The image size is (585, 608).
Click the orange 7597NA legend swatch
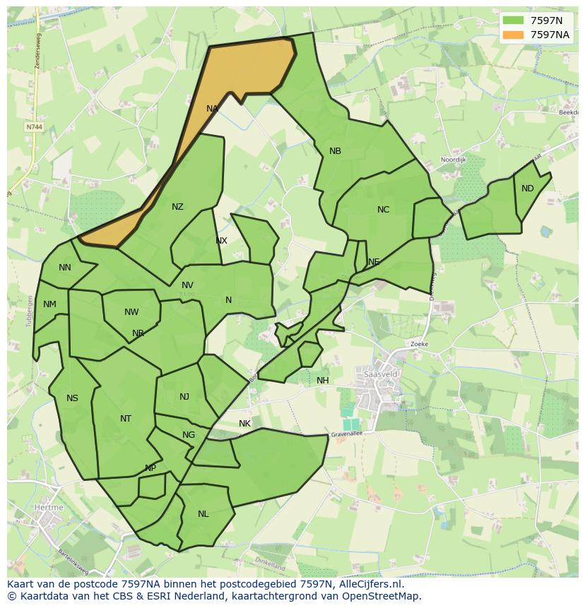pos(514,35)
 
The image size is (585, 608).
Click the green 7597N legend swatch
pos(514,20)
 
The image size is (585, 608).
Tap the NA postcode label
pos(212,109)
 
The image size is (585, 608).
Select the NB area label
pos(335,151)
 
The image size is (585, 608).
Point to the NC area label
pos(383,210)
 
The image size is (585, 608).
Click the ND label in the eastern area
pos(528,189)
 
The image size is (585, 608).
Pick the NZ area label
pos(177,207)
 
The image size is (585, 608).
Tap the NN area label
pos(65,268)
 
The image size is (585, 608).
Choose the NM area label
pos(49,305)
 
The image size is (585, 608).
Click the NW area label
pos(131,312)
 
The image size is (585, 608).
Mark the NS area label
pos(72,398)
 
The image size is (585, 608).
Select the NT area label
pos(126,419)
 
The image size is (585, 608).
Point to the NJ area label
pos(184,397)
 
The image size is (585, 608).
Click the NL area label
pos(203,514)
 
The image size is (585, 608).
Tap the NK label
pos(244,424)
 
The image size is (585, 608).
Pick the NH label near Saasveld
pos(323,381)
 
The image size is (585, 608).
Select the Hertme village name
pos(48,507)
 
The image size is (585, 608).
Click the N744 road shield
pos(33,127)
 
